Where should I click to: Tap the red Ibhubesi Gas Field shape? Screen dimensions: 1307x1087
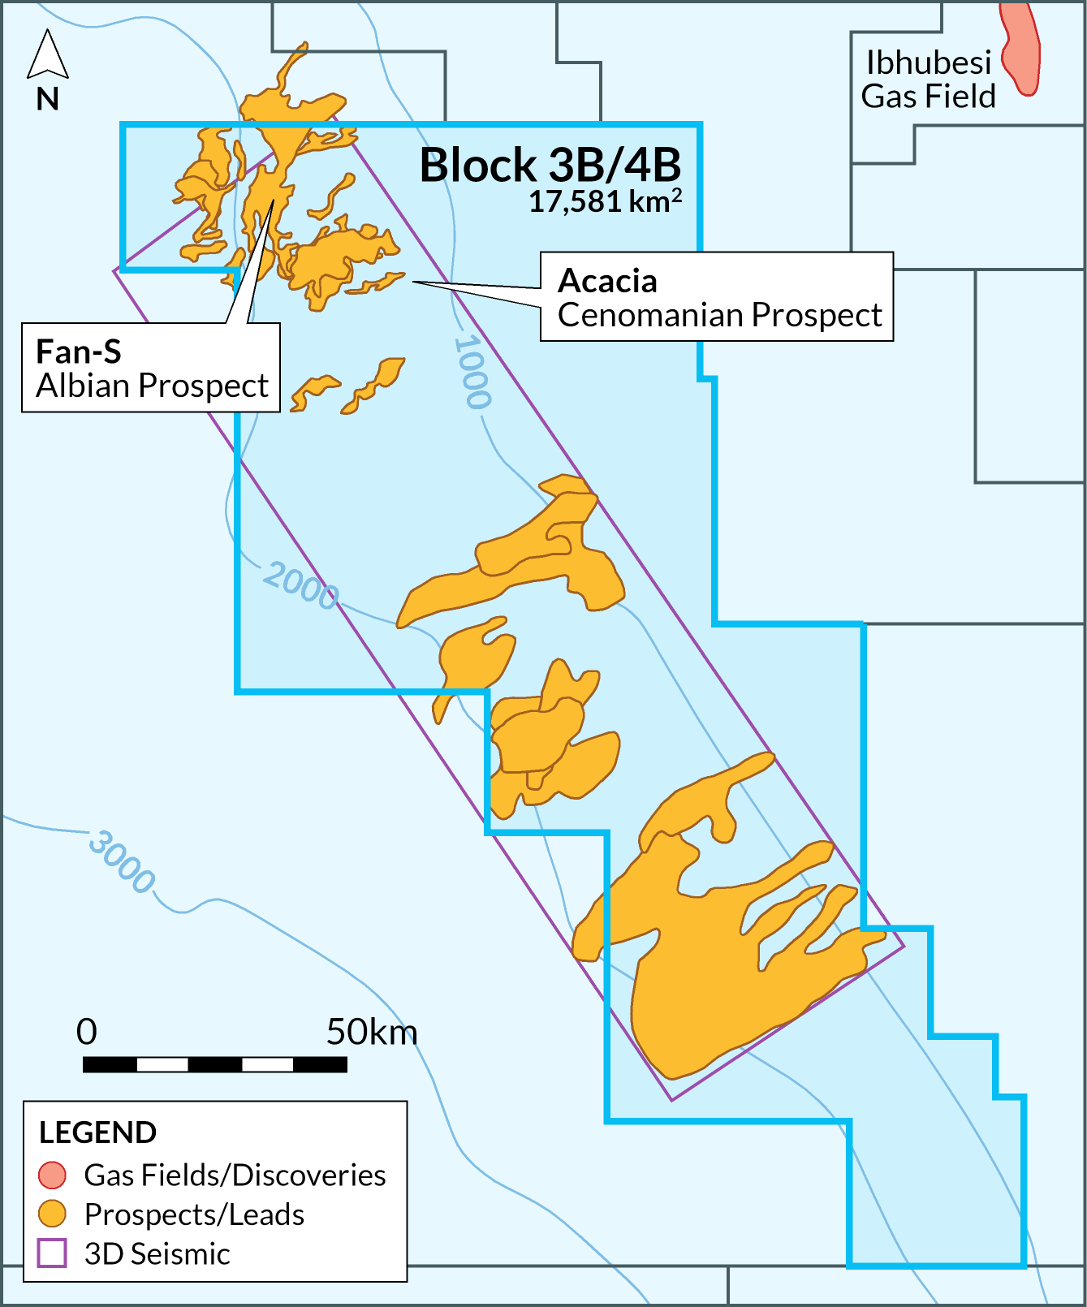(1021, 49)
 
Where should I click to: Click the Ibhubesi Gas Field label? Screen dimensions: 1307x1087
(928, 80)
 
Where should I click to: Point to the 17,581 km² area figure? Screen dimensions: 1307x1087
(604, 201)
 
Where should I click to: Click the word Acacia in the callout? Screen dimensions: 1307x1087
(607, 281)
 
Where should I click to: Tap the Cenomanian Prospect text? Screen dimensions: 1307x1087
(719, 315)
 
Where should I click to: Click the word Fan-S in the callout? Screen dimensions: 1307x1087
(79, 352)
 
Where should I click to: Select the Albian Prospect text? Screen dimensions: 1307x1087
(152, 386)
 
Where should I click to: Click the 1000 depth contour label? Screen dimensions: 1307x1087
(472, 372)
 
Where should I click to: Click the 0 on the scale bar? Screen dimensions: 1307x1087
(87, 1032)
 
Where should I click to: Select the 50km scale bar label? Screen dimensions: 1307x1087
(372, 1032)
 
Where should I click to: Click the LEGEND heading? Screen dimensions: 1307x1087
(97, 1132)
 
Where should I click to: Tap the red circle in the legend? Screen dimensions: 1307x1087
(52, 1175)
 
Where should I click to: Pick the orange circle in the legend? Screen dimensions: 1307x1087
(52, 1214)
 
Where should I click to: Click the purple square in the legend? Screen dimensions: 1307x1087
(52, 1253)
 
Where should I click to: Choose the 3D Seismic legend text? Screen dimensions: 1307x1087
(157, 1254)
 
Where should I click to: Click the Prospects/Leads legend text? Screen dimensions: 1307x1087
(194, 1214)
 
